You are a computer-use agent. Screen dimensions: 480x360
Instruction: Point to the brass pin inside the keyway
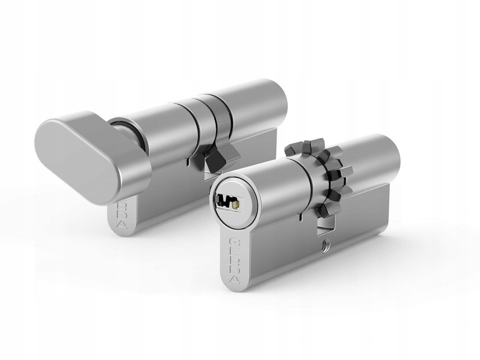point(236,205)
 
